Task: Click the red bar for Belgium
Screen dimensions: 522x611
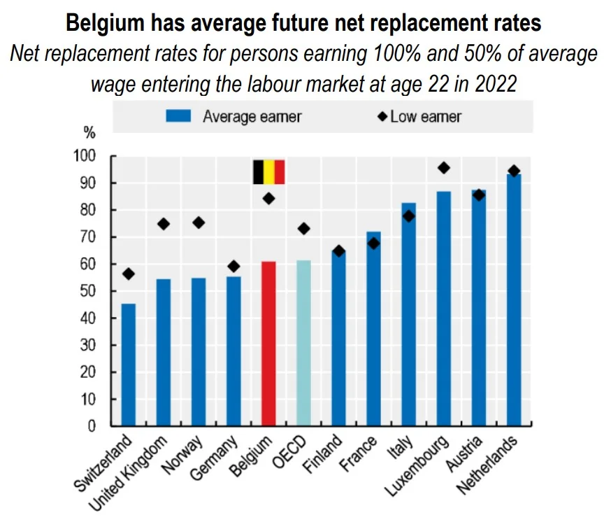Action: (x=268, y=343)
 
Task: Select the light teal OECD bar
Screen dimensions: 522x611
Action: (x=303, y=343)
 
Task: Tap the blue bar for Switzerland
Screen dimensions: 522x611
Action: (x=129, y=364)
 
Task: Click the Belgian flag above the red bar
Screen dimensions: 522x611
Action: (x=268, y=171)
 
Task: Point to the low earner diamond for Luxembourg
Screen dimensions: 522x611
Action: (x=443, y=168)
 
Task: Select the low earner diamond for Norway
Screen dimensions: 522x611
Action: (x=199, y=223)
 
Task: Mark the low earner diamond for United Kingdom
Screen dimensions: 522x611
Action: (x=164, y=224)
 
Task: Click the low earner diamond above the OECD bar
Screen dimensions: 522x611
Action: (x=303, y=228)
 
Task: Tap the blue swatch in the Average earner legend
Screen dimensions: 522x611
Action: (x=178, y=116)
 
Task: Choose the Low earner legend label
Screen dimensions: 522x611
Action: (x=426, y=116)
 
